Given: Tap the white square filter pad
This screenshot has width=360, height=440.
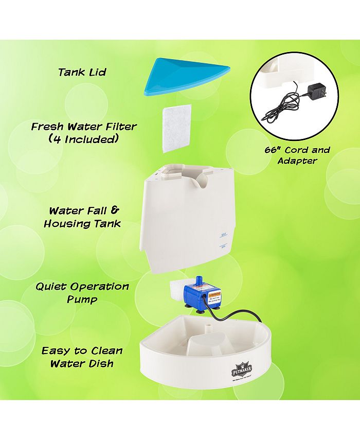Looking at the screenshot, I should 177,129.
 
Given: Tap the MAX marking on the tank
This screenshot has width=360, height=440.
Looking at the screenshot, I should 223,234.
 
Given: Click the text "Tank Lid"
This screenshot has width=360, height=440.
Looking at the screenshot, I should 82,72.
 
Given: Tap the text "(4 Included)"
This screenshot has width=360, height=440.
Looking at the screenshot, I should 83,139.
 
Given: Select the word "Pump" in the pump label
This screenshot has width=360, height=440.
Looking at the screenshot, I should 82,300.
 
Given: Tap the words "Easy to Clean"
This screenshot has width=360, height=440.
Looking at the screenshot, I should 82,350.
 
